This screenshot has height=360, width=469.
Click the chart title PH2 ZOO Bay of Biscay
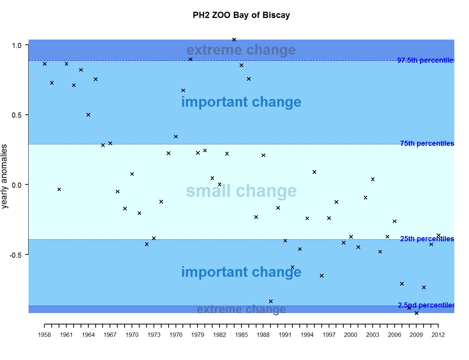pyautogui.click(x=241, y=15)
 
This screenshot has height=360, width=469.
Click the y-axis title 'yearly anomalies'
pyautogui.click(x=4, y=176)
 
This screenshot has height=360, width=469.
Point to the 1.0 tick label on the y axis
pyautogui.click(x=17, y=45)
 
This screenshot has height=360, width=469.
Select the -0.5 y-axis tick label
pyautogui.click(x=16, y=255)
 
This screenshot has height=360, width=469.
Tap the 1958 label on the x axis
pyautogui.click(x=44, y=335)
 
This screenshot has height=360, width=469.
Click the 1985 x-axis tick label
pyautogui.click(x=241, y=335)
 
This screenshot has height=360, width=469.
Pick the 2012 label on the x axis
pyautogui.click(x=438, y=335)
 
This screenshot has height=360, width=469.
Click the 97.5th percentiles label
pyautogui.click(x=426, y=60)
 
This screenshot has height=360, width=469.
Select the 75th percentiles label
pyautogui.click(x=427, y=143)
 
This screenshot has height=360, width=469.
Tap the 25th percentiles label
pyautogui.click(x=427, y=239)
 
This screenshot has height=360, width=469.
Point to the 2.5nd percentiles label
pyautogui.click(x=426, y=305)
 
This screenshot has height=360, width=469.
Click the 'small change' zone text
pyautogui.click(x=241, y=191)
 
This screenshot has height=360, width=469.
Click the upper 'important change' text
pyautogui.click(x=241, y=102)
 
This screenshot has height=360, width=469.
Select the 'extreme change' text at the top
pyautogui.click(x=241, y=50)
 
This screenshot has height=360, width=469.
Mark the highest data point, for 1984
pyautogui.click(x=234, y=40)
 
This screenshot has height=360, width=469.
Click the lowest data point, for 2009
pyautogui.click(x=417, y=313)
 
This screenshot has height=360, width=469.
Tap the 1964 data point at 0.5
pyautogui.click(x=88, y=115)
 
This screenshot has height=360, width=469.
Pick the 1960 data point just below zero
pyautogui.click(x=59, y=190)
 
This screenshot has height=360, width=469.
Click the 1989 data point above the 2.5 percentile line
pyautogui.click(x=271, y=301)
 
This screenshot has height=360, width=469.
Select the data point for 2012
pyautogui.click(x=439, y=235)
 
